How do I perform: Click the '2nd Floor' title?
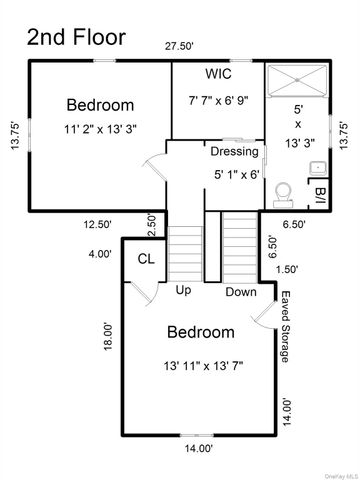coord(76,37)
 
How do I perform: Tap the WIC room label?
coord(220,74)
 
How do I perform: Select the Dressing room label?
coord(235,152)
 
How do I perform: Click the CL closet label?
coord(146,260)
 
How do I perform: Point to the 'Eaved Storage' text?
coord(286,327)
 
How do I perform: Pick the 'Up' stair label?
coord(184,291)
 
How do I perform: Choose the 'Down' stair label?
coord(241,292)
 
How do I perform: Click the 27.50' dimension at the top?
coord(179,47)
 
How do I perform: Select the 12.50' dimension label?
coord(97,225)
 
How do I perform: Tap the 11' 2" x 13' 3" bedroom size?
coord(99,128)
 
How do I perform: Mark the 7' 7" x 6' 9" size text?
coord(220,100)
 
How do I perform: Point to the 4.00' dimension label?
coord(99,254)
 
